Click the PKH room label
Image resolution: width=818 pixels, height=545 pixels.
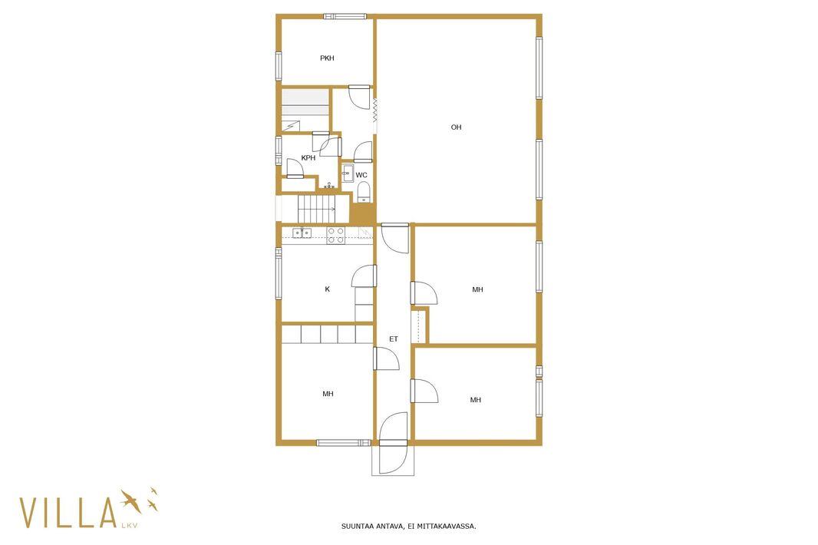pos(327,58)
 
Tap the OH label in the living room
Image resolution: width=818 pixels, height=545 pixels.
pos(456,127)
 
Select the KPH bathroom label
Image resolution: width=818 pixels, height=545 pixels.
pos(308,157)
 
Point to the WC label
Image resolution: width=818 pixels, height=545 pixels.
pos(361,175)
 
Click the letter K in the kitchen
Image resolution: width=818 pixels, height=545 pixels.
pos(327,289)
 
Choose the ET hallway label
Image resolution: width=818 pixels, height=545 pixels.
pos(394,339)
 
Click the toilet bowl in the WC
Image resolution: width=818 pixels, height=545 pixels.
pos(363,192)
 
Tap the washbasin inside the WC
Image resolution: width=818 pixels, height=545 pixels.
pos(348,173)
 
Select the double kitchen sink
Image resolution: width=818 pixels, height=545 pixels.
pos(302,233)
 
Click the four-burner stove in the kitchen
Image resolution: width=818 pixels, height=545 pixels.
pos(335,236)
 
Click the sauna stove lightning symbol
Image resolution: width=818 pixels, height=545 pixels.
pos(291,126)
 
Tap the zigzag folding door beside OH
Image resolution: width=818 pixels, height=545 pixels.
pos(374,111)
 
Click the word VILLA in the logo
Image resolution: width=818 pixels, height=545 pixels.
pos(68,513)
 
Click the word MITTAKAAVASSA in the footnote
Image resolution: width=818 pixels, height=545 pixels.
pos(449,527)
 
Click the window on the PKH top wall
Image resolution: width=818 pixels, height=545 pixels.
pos(345,17)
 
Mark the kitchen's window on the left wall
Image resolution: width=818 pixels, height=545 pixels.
pos(279,273)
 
